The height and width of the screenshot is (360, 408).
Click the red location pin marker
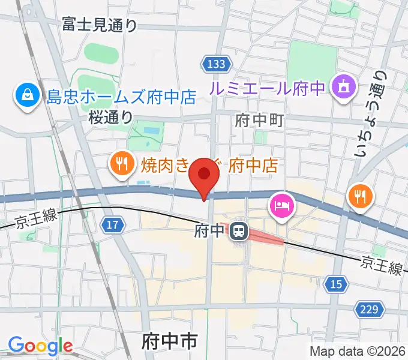(x=204, y=175)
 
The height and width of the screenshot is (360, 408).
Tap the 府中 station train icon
(x=241, y=230)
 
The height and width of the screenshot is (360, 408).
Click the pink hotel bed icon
(x=282, y=206)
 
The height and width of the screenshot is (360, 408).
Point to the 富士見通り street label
(x=99, y=25)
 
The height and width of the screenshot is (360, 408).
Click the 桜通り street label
(x=110, y=116)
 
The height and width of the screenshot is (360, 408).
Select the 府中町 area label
(x=259, y=120)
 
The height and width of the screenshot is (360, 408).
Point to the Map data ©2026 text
(x=358, y=351)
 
